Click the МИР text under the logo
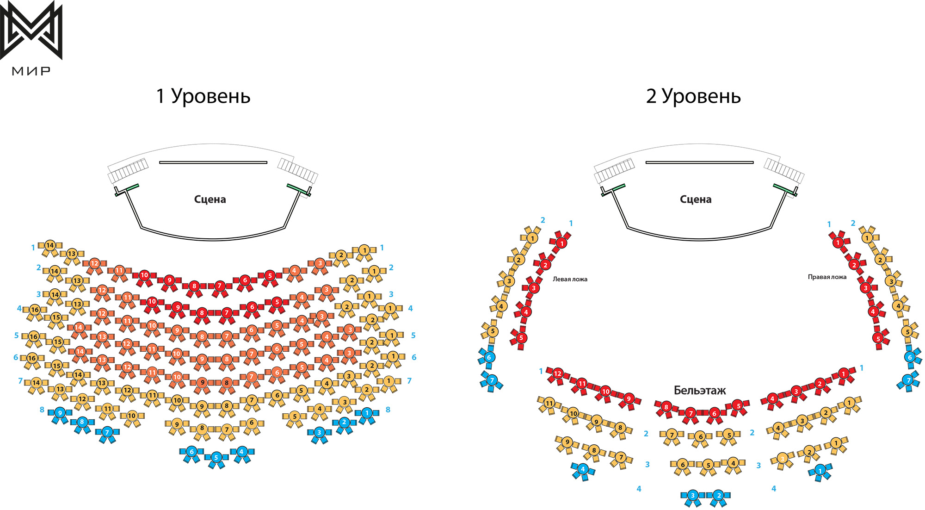tap(31, 71)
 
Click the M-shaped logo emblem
tap(31, 31)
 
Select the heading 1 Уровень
tap(203, 96)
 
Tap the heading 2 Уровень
tap(693, 96)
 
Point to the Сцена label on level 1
tap(210, 199)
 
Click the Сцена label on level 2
tap(696, 199)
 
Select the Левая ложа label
tap(570, 279)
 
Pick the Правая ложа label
tap(827, 277)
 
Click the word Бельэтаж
tap(700, 390)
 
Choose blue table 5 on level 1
tap(216, 458)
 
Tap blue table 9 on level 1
tap(60, 413)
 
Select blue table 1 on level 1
tap(367, 412)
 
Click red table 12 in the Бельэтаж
tap(558, 373)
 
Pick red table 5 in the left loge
tap(521, 337)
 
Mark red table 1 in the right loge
tap(838, 242)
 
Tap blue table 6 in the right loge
tap(910, 357)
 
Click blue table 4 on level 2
tap(583, 469)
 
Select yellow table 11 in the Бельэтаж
tap(549, 403)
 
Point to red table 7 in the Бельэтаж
tap(691, 413)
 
